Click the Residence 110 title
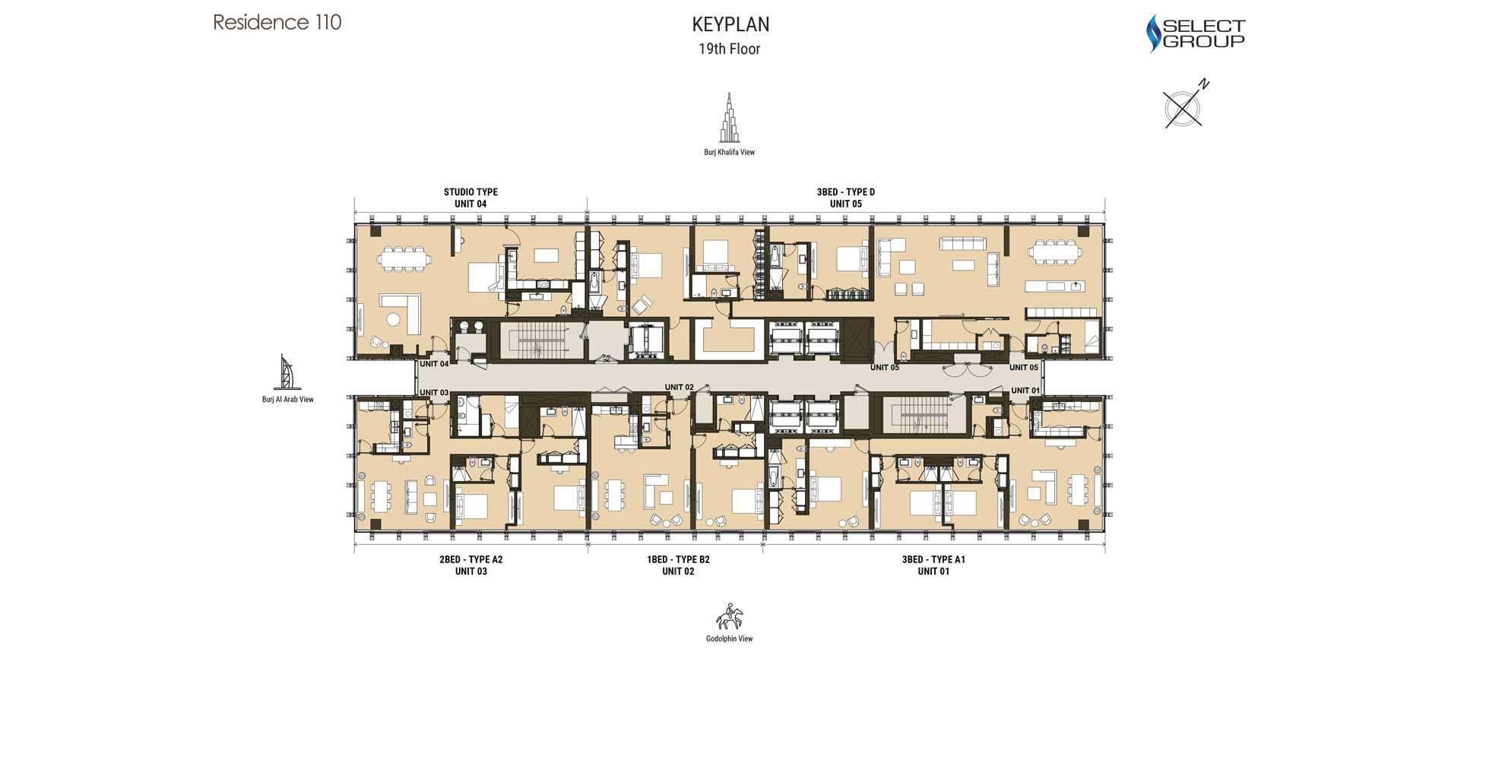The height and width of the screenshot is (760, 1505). click(x=277, y=22)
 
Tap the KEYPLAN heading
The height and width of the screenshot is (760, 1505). click(x=730, y=24)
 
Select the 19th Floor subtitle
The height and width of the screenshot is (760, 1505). click(x=730, y=49)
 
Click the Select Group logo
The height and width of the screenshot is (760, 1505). click(x=1196, y=33)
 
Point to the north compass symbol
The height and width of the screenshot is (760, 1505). click(x=1184, y=105)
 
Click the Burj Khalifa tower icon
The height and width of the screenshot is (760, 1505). click(x=730, y=118)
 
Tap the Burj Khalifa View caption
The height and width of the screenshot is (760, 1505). click(x=730, y=152)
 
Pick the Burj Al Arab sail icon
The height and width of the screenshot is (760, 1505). click(x=287, y=372)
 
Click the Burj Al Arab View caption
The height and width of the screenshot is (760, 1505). click(x=288, y=399)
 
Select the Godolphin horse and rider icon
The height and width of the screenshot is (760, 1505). click(x=730, y=616)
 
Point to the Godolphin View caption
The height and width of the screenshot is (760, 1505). click(x=730, y=638)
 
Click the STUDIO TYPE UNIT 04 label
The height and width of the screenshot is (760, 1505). click(x=471, y=198)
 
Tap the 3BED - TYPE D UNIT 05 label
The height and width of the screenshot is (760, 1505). click(x=846, y=198)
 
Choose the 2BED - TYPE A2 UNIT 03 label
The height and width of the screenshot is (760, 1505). click(x=471, y=565)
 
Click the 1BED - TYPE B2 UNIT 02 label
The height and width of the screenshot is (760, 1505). click(x=678, y=565)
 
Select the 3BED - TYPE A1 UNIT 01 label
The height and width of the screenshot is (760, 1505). click(x=933, y=565)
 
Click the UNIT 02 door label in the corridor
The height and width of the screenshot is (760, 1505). click(x=680, y=387)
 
